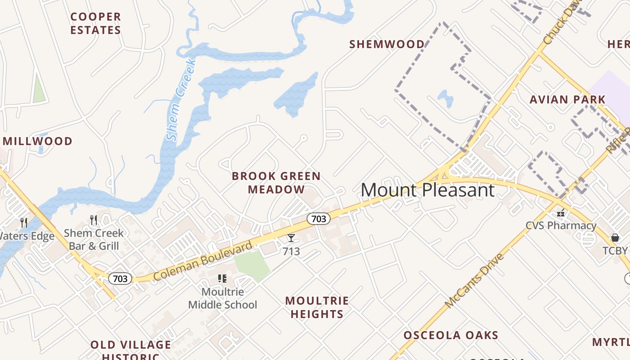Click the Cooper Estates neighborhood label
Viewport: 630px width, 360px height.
click(x=95, y=23)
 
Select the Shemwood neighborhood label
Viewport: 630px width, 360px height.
click(x=387, y=44)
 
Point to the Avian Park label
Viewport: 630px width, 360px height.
click(x=567, y=99)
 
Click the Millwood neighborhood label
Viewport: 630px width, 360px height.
click(x=37, y=141)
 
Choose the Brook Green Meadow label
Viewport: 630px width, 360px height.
click(x=276, y=183)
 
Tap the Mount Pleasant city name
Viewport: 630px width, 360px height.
click(x=427, y=190)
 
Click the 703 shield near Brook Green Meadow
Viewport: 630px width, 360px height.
click(x=319, y=219)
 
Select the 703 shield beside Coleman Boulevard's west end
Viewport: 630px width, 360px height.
click(x=120, y=279)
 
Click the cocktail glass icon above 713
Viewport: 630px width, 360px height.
click(x=291, y=238)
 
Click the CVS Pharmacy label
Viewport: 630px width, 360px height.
click(x=561, y=225)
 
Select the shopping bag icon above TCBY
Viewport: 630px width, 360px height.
click(x=615, y=238)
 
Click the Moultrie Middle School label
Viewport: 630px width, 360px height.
click(x=222, y=298)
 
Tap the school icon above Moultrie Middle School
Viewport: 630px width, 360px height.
click(x=222, y=279)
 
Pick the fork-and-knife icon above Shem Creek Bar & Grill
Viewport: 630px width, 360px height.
click(x=94, y=220)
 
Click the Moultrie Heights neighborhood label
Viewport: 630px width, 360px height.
click(x=317, y=307)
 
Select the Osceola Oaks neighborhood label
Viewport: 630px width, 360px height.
click(x=451, y=335)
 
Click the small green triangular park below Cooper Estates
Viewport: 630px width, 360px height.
click(x=39, y=89)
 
